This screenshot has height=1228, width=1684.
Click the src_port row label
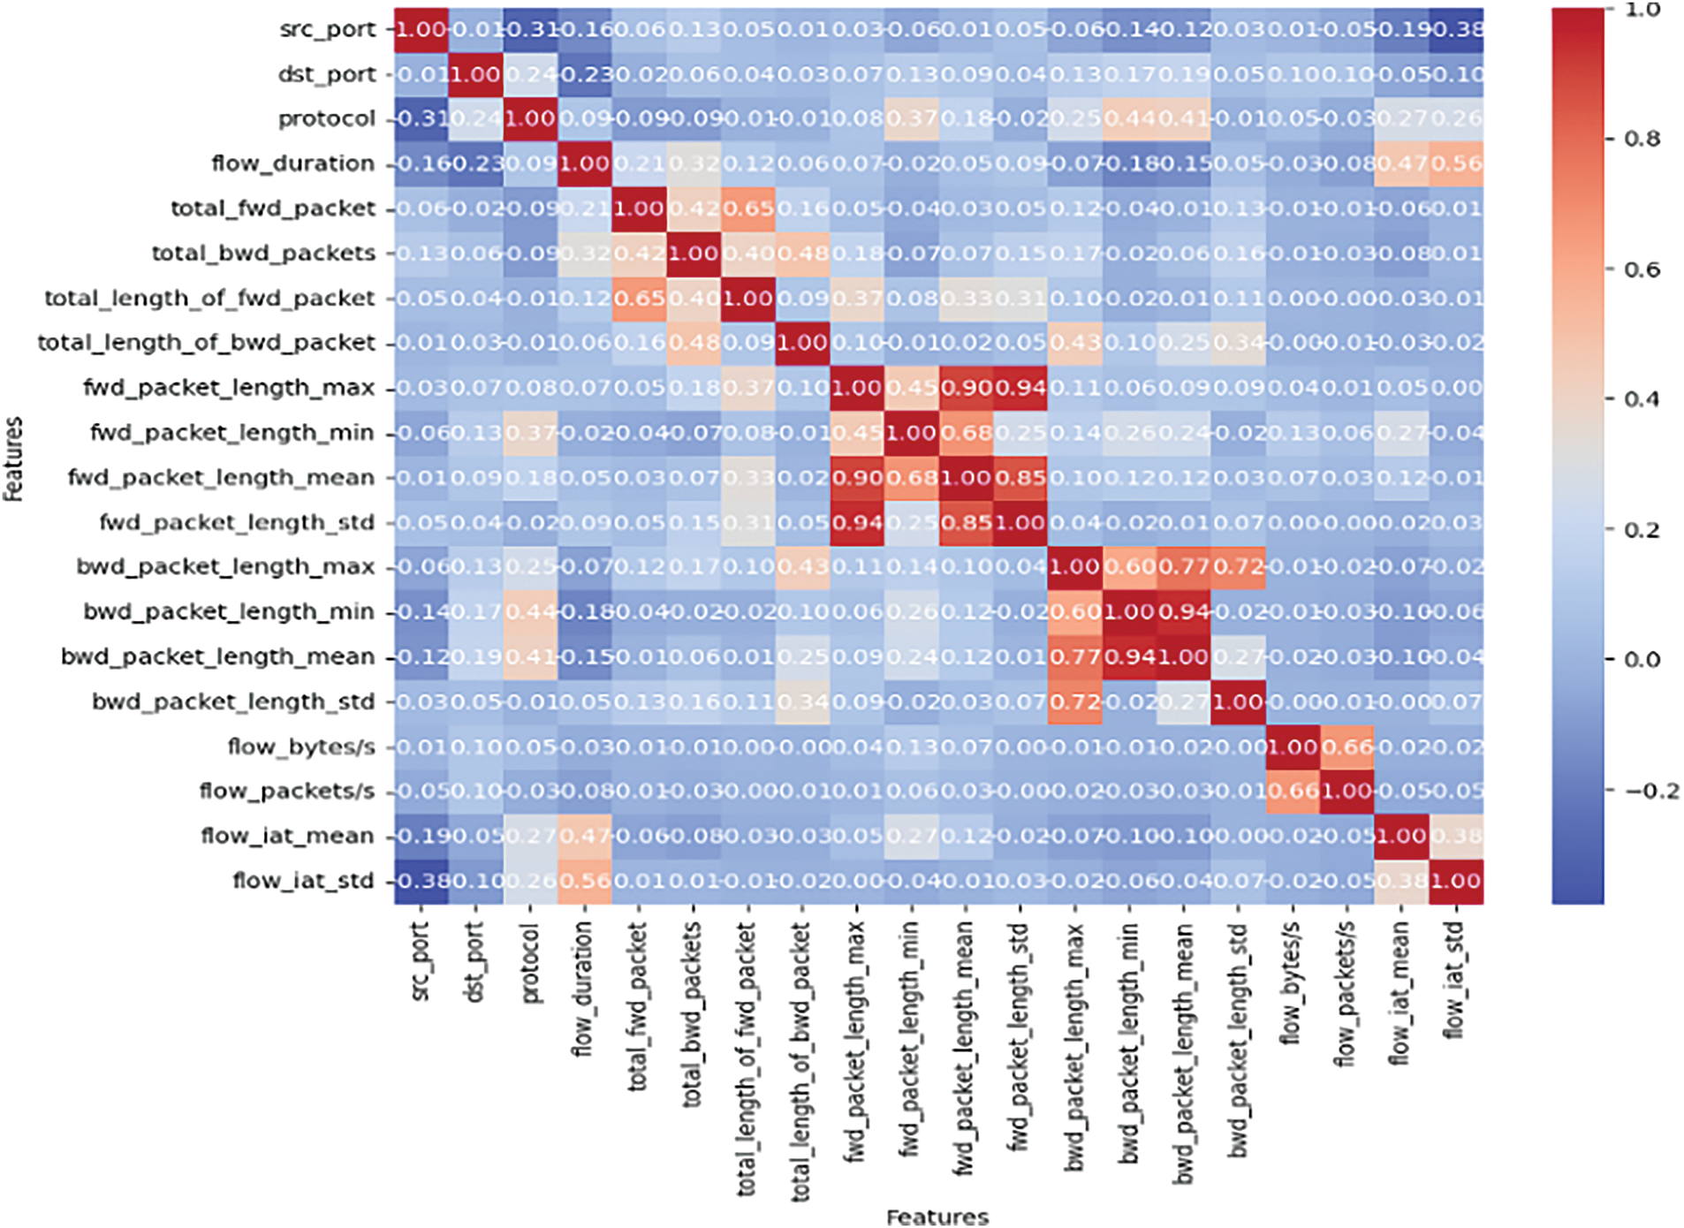[x=327, y=29]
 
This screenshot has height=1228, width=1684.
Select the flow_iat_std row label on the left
[x=303, y=881]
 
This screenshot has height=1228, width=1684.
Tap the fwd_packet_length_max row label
[x=229, y=388]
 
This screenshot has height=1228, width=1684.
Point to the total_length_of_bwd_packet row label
[x=206, y=343]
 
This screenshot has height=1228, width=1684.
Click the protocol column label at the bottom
[x=529, y=964]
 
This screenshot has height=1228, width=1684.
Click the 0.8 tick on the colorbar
[x=1642, y=139]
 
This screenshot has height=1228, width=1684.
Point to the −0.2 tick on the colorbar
[x=1650, y=791]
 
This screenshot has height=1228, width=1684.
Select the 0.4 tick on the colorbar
[x=1642, y=399]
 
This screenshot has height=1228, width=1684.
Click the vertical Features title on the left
[x=13, y=459]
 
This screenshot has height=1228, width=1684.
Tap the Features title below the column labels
[x=937, y=1217]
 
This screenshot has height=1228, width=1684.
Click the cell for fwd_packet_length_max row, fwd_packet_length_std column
[x=1020, y=388]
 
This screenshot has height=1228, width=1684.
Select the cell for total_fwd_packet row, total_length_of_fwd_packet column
[x=748, y=208]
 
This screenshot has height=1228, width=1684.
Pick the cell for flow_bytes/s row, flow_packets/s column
[x=1347, y=747]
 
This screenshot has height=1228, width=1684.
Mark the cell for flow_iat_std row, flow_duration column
[x=584, y=881]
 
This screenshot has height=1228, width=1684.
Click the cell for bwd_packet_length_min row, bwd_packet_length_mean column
[x=1184, y=611]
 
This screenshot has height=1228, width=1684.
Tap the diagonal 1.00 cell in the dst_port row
[x=476, y=74]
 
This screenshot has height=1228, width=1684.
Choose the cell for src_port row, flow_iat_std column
[x=1456, y=29]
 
